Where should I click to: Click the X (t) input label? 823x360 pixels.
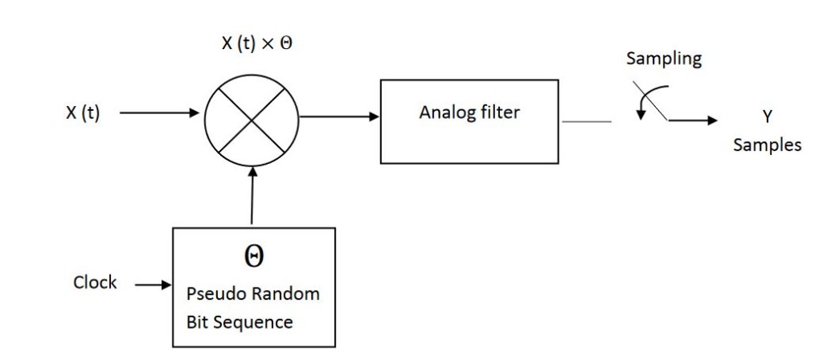click(x=83, y=113)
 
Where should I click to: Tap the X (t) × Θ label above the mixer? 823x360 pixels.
click(x=258, y=44)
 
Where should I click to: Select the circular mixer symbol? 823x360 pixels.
click(x=252, y=120)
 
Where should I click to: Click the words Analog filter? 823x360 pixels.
click(x=469, y=112)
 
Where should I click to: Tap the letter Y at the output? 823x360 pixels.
click(x=767, y=117)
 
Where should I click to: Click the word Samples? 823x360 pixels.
click(x=767, y=145)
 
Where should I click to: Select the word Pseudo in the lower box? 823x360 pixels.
click(x=212, y=293)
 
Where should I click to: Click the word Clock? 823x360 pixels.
click(x=95, y=283)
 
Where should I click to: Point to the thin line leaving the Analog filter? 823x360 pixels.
click(x=587, y=122)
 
